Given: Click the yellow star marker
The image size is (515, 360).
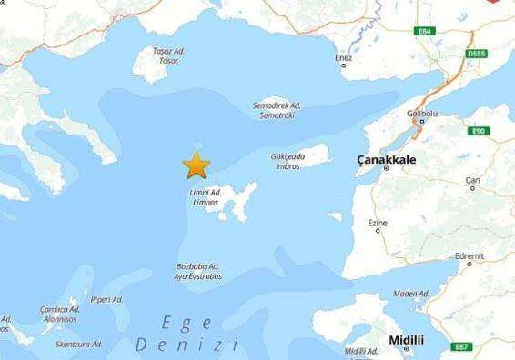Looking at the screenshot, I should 196,165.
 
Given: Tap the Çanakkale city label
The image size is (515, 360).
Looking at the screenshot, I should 385,159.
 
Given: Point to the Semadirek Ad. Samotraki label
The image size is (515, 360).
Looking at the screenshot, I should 277,109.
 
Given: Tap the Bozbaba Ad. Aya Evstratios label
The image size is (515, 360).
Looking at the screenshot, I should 198,271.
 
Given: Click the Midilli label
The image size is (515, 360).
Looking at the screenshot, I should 406,340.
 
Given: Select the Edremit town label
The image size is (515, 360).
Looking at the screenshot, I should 470,255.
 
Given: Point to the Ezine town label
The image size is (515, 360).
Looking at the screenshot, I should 377,223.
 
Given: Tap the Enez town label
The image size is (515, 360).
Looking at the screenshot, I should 343,58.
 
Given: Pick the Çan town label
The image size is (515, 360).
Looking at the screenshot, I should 472,180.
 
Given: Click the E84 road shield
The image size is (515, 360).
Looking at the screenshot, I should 424,32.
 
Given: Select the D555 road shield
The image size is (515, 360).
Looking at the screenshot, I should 476,54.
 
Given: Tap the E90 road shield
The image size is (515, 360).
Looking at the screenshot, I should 479,131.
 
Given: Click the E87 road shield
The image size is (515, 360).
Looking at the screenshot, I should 462,346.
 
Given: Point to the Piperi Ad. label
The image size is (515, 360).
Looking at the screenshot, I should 106,299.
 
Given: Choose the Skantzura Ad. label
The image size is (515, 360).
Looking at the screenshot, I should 78,345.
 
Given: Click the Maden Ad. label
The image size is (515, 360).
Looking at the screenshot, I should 411,294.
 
